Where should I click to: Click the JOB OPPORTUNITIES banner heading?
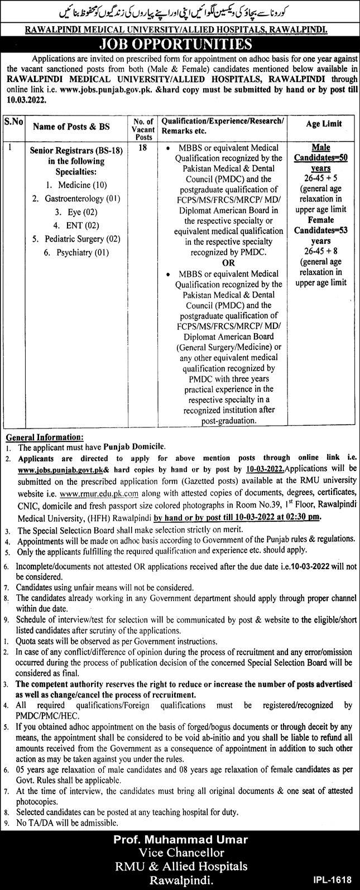click(180, 45)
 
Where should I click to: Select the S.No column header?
click(12, 121)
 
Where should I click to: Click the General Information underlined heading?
click(44, 437)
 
